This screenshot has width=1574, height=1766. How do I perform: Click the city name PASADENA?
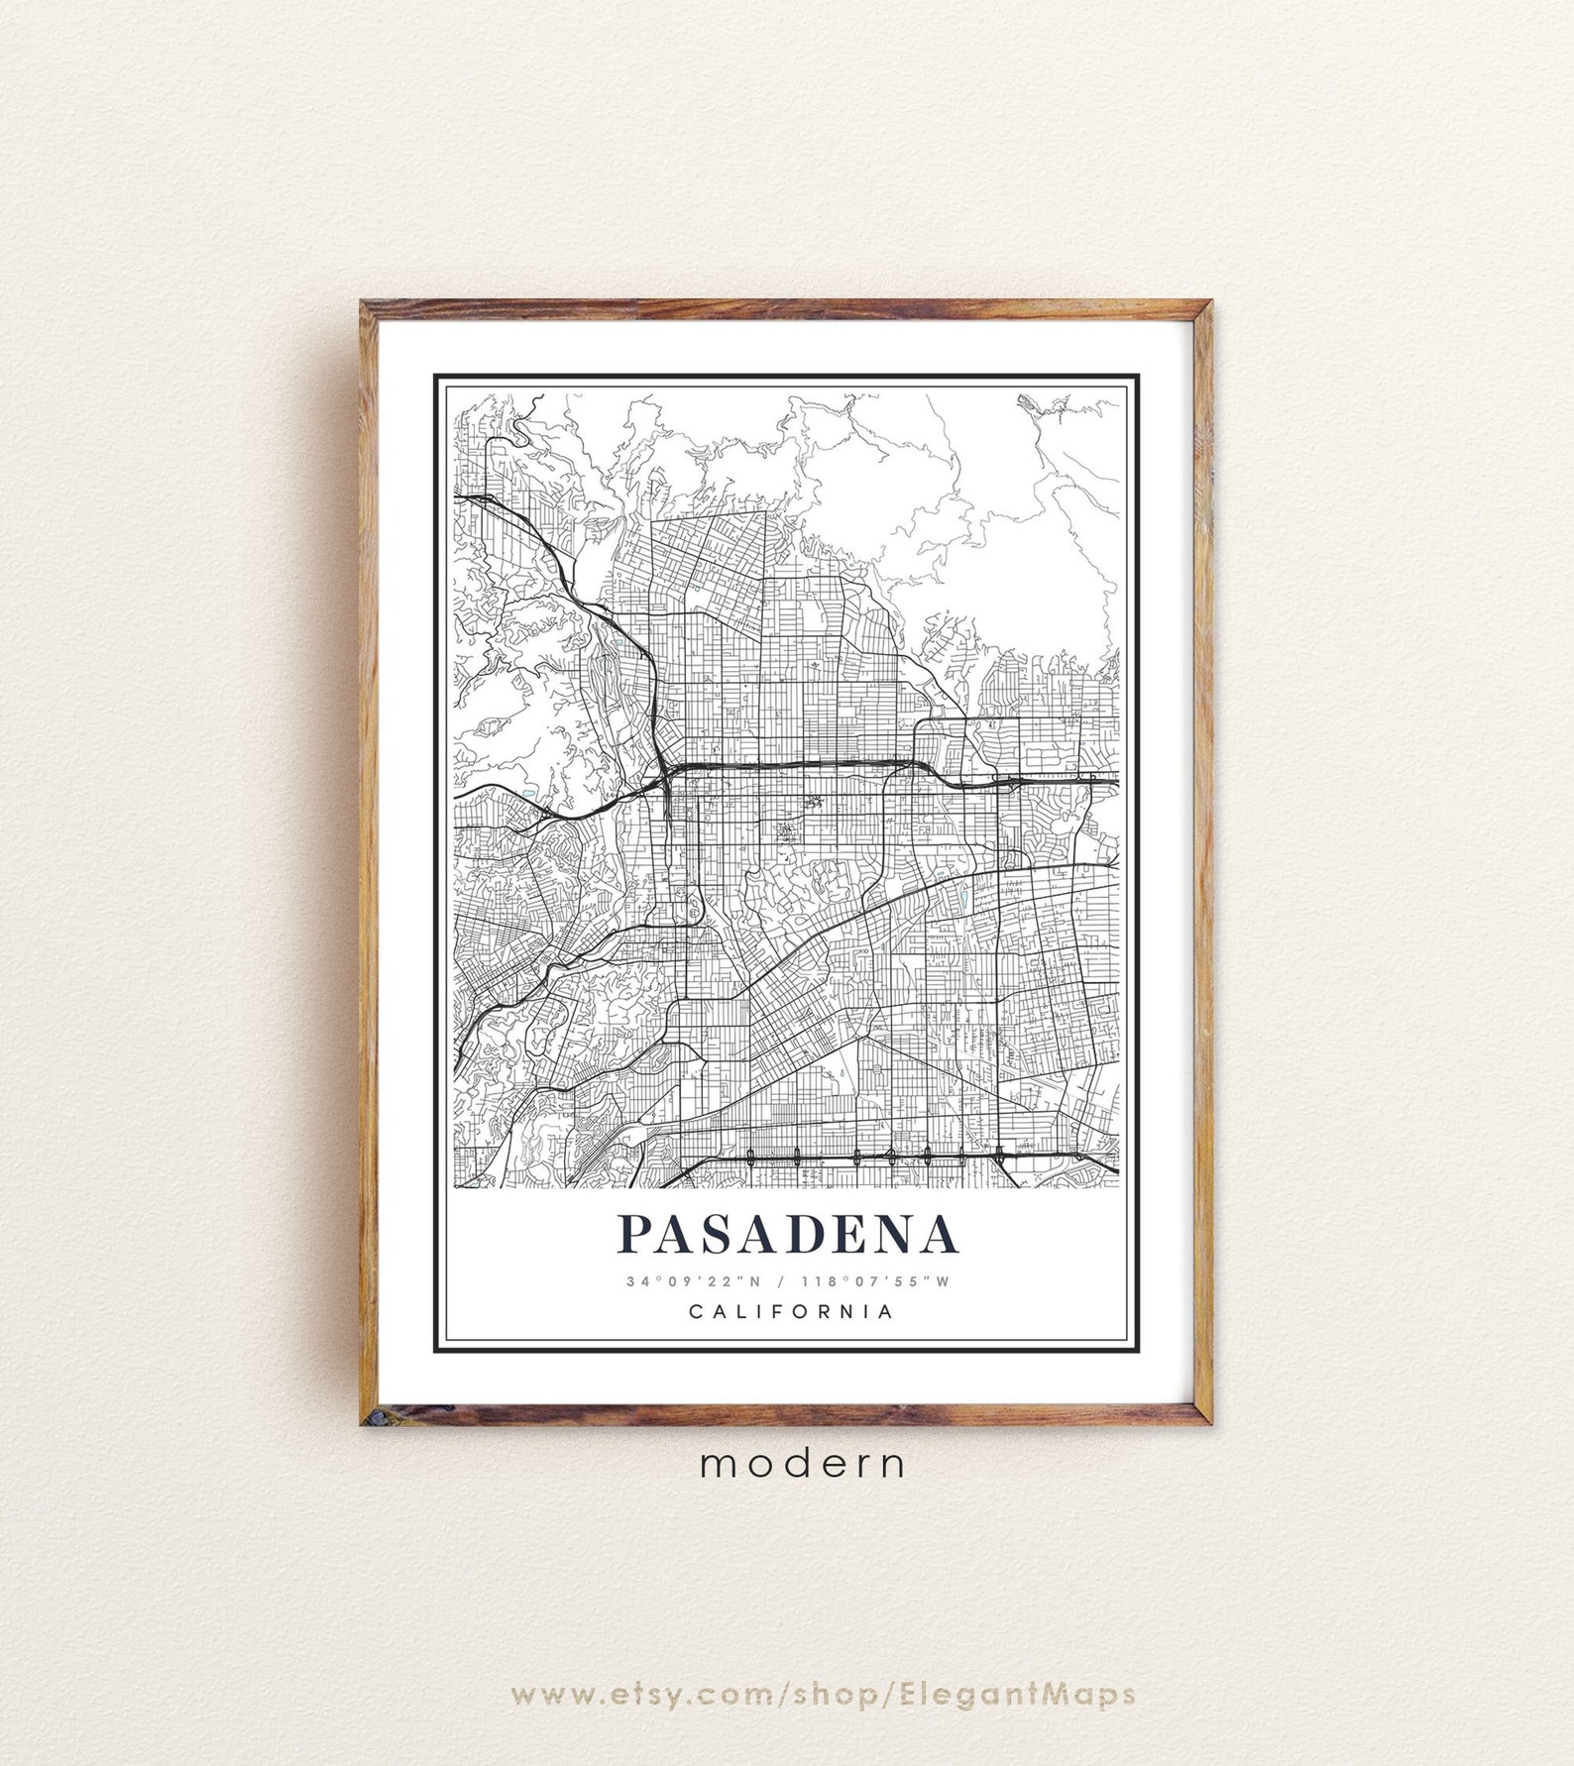pos(788,1234)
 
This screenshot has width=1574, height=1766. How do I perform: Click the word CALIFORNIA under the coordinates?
pos(790,1312)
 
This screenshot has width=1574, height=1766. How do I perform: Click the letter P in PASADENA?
pos(636,1234)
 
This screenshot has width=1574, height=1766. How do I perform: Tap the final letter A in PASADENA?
pos(940,1234)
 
